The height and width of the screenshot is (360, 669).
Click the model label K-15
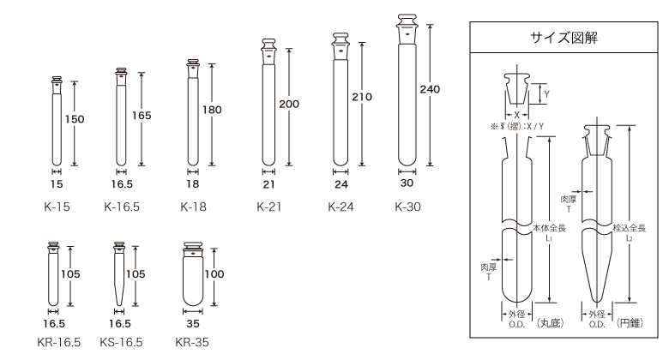pos(57,207)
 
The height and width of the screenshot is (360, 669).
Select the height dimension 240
pos(430,89)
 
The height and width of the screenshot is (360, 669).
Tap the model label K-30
pos(408,207)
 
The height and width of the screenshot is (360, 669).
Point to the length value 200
pos(289,104)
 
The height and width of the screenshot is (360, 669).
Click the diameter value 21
pos(268,184)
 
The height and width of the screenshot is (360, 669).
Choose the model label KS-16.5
pos(121,342)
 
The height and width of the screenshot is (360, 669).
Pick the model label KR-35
pos(192,342)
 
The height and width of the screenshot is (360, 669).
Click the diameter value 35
pos(193,324)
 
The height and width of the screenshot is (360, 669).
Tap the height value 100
pos(214,273)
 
